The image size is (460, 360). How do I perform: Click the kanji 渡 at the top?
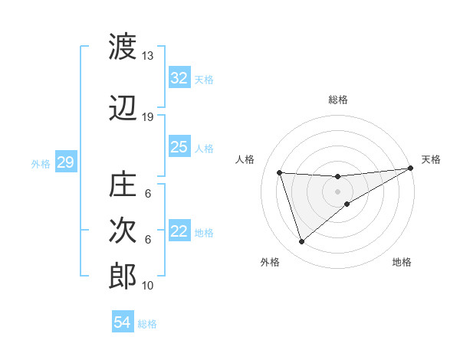pos(123,47)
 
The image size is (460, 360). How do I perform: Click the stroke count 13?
pos(148,56)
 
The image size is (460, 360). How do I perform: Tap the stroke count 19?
pos(148,117)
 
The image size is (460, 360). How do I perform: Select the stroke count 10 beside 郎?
pos(148,286)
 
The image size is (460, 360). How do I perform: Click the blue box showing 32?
pos(179,78)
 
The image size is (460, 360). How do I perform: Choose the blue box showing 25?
pos(179,147)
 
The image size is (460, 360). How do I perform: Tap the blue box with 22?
pos(179,232)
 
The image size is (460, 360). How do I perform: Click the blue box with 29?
pos(65,162)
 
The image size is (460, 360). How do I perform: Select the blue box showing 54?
pos(122,322)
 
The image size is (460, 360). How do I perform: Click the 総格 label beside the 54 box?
pos(147,324)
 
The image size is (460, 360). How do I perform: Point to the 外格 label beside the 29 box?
pos(41,163)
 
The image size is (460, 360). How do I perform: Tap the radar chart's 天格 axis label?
pos(431,159)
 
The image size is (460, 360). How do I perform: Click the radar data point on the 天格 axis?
pos(410,169)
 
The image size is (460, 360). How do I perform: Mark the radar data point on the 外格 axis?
pos(301,242)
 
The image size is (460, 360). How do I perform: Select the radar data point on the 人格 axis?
pos(279,172)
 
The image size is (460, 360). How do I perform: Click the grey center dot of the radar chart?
pos(337,191)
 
